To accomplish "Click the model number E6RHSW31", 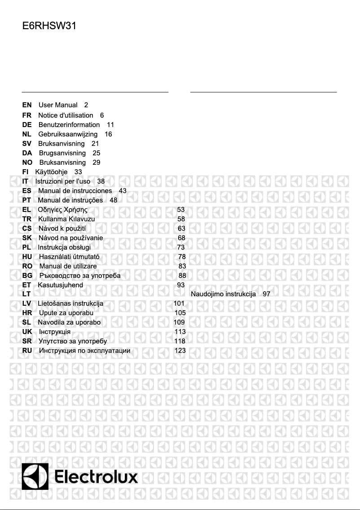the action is (x=49, y=26).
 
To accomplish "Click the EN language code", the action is (x=27, y=105).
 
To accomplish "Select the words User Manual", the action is (x=58, y=105).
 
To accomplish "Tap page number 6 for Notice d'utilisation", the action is (x=102, y=115).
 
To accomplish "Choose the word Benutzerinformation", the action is (x=69, y=125).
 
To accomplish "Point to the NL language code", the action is (x=26, y=134).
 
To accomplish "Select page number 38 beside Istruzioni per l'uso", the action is (x=101, y=181).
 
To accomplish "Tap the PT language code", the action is (x=26, y=200).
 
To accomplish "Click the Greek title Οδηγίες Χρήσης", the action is (x=62, y=210).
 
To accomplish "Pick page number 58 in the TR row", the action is (x=181, y=219).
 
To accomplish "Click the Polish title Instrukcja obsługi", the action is (x=64, y=247).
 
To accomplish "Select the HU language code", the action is (x=27, y=257).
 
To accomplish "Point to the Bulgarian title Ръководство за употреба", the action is (x=79, y=276).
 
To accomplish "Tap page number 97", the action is (x=267, y=295).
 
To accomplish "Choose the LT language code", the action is (x=26, y=295).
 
